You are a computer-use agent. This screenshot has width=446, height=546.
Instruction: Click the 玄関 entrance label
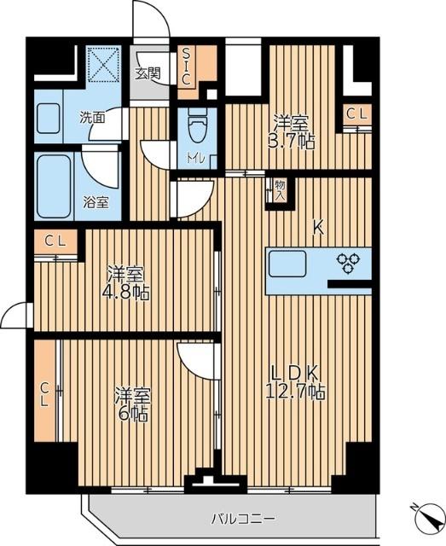tap(147, 74)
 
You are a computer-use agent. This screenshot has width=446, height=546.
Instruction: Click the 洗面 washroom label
tap(93, 118)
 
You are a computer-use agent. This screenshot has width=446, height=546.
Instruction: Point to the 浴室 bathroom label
tap(95, 202)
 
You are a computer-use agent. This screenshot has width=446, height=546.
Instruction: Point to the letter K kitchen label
tap(317, 227)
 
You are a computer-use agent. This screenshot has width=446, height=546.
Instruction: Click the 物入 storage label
tap(280, 189)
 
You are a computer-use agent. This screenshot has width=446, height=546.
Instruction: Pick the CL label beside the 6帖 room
tap(45, 394)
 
